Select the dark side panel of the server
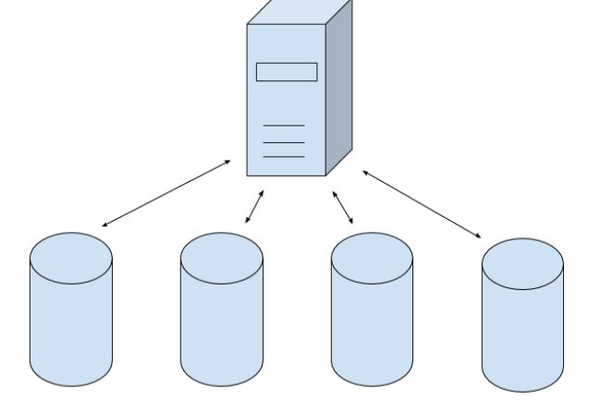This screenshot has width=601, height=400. pos(339,92)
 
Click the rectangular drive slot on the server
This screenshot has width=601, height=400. pos(287,72)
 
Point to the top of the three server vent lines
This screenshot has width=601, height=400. pos(284,126)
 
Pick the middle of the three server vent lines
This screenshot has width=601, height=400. pos(284,142)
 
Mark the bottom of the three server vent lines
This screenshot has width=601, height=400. pos(284,157)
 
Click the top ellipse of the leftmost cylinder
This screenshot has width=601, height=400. pos(71,258)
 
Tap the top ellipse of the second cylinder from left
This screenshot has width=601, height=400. pos(221,258)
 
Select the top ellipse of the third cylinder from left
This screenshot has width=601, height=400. pos(372,258)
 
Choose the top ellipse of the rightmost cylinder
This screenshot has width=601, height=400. pos(522,262)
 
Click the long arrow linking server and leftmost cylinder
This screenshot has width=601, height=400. pos(166,193)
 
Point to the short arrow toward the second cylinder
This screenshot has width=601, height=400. pos(254,207)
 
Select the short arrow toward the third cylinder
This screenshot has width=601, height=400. pos(343,208)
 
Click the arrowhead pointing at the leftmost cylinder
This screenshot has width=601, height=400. pos(104,224)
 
